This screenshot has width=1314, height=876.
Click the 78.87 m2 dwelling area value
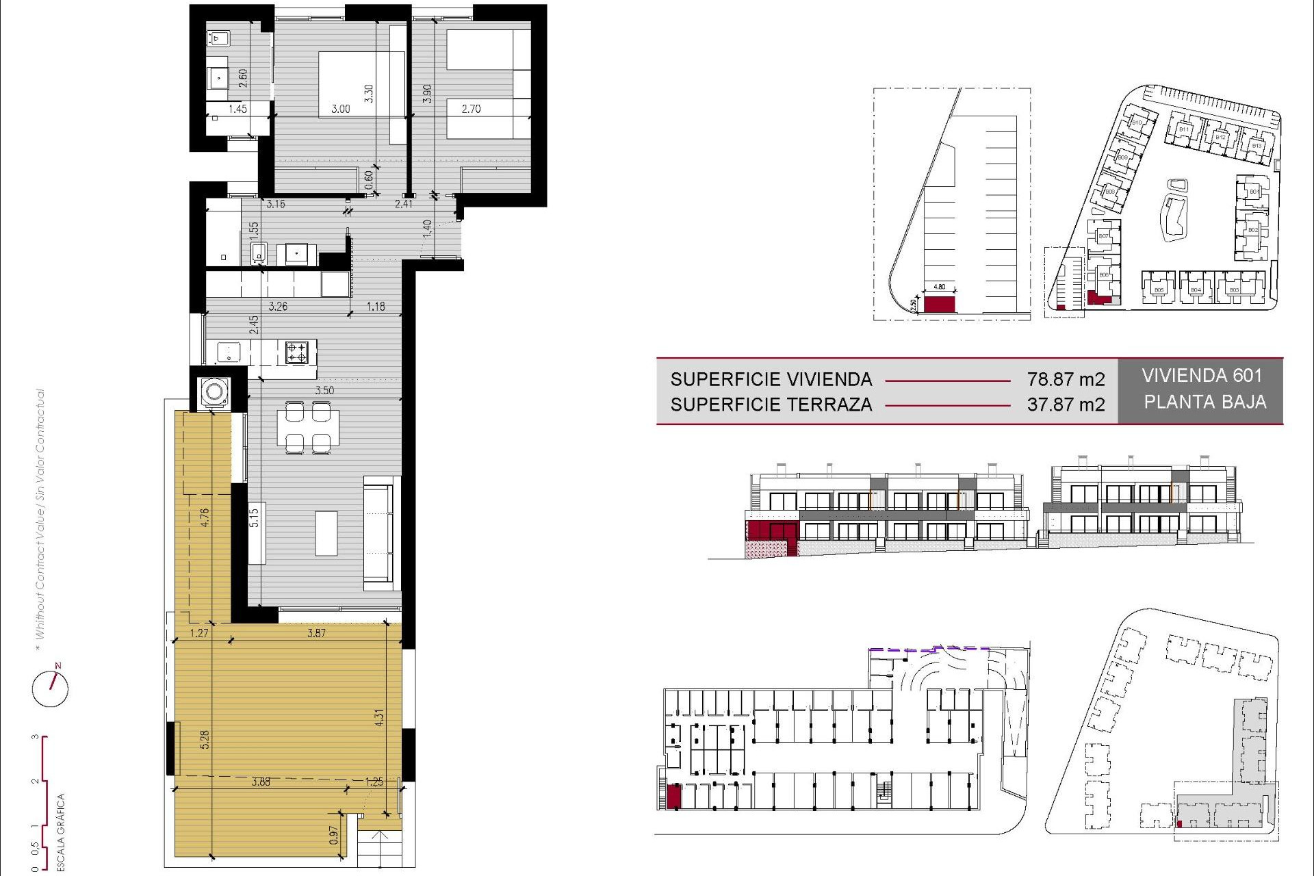tap(1066, 379)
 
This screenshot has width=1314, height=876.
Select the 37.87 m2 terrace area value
tap(1066, 404)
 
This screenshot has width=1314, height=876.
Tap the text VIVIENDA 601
tap(1201, 376)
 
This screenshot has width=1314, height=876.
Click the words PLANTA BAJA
tap(1204, 402)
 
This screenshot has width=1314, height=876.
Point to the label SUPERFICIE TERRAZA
tap(771, 404)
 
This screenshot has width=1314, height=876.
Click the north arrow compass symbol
tap(51, 686)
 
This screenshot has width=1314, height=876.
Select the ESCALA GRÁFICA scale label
tap(60, 832)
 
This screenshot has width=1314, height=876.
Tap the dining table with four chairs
tap(308, 428)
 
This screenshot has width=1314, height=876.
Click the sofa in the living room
tap(381, 534)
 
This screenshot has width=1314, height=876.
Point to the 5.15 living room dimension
tap(254, 517)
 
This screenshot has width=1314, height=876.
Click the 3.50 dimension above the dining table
tap(324, 390)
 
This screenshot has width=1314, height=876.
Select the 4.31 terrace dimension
tap(379, 717)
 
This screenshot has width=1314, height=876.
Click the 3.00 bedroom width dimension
tap(341, 109)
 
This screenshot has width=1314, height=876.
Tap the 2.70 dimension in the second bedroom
tap(471, 109)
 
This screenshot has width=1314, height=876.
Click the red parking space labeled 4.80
tap(939, 304)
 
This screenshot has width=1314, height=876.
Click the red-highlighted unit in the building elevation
tap(772, 530)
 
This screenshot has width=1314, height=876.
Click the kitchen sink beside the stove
tap(229, 352)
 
